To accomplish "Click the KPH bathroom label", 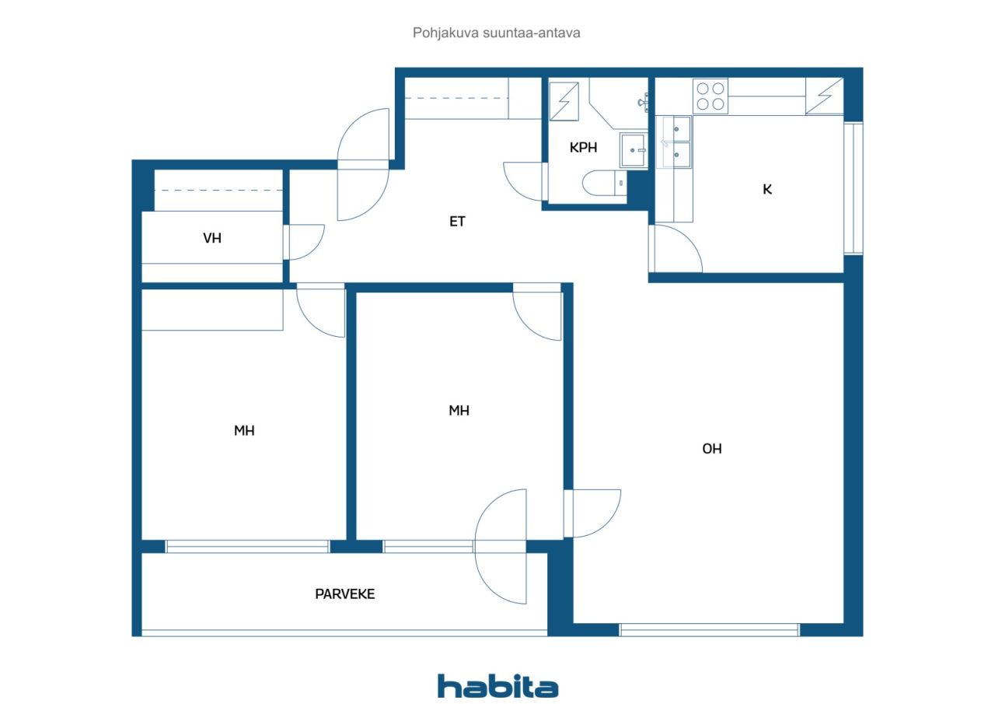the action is click(x=583, y=148).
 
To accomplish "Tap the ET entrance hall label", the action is click(x=457, y=222).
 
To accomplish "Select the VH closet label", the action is click(x=212, y=238).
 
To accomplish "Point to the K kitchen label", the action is click(x=767, y=189).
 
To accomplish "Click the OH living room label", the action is click(x=711, y=449).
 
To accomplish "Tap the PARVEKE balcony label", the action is click(x=344, y=594).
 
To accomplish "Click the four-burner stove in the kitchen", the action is click(x=710, y=96).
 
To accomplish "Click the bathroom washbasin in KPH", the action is click(x=633, y=150).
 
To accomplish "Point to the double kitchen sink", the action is click(x=674, y=142).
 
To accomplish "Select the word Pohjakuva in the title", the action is click(x=445, y=33).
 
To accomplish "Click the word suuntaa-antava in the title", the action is click(x=531, y=33).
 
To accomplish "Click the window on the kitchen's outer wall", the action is click(x=854, y=188).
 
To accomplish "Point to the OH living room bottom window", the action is click(x=709, y=630).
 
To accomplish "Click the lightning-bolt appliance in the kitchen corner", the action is click(x=825, y=96).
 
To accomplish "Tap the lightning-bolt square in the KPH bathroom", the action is click(x=564, y=101).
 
